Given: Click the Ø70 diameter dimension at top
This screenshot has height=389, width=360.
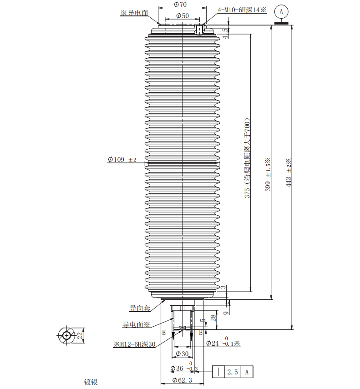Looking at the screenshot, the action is coord(180,4).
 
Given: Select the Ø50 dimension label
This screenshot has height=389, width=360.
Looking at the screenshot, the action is coord(183,15).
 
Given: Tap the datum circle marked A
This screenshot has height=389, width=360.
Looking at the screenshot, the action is coord(281,12).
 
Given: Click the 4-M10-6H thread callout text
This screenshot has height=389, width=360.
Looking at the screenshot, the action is coord(242,10).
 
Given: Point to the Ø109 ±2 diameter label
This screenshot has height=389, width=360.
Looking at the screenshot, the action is coord(122,160).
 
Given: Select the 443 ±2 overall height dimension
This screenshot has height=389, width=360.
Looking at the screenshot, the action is coord(288,173).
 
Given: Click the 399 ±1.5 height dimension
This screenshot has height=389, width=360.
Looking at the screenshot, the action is coord(268,174).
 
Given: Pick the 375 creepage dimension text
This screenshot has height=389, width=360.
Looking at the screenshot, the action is coord(248,158).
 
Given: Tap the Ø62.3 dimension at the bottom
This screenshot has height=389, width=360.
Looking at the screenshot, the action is coord(183,380).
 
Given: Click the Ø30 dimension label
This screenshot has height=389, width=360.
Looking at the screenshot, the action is coord(182,354).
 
